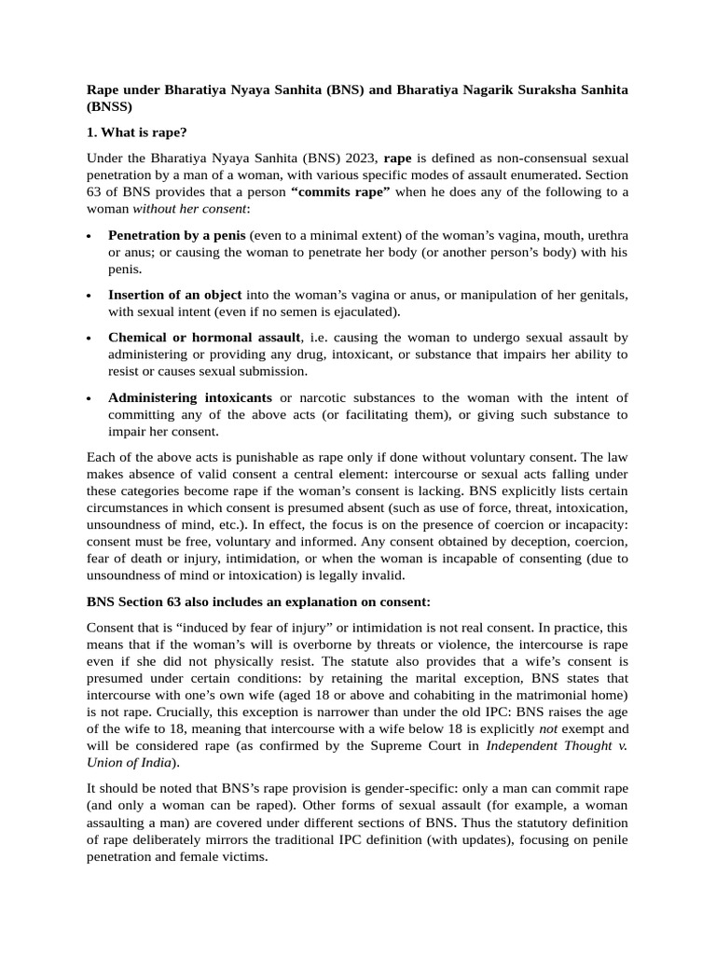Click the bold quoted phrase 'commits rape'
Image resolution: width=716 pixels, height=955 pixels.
(340, 192)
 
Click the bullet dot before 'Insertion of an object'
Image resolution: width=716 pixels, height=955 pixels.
(89, 296)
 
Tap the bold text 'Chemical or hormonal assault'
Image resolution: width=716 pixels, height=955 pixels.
(204, 338)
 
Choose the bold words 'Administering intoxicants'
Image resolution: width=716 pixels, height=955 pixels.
(190, 397)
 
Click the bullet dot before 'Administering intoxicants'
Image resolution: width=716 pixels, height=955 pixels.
(89, 398)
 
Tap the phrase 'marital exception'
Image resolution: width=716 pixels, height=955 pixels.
(451, 677)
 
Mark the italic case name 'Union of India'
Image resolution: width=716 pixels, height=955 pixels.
(130, 761)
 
